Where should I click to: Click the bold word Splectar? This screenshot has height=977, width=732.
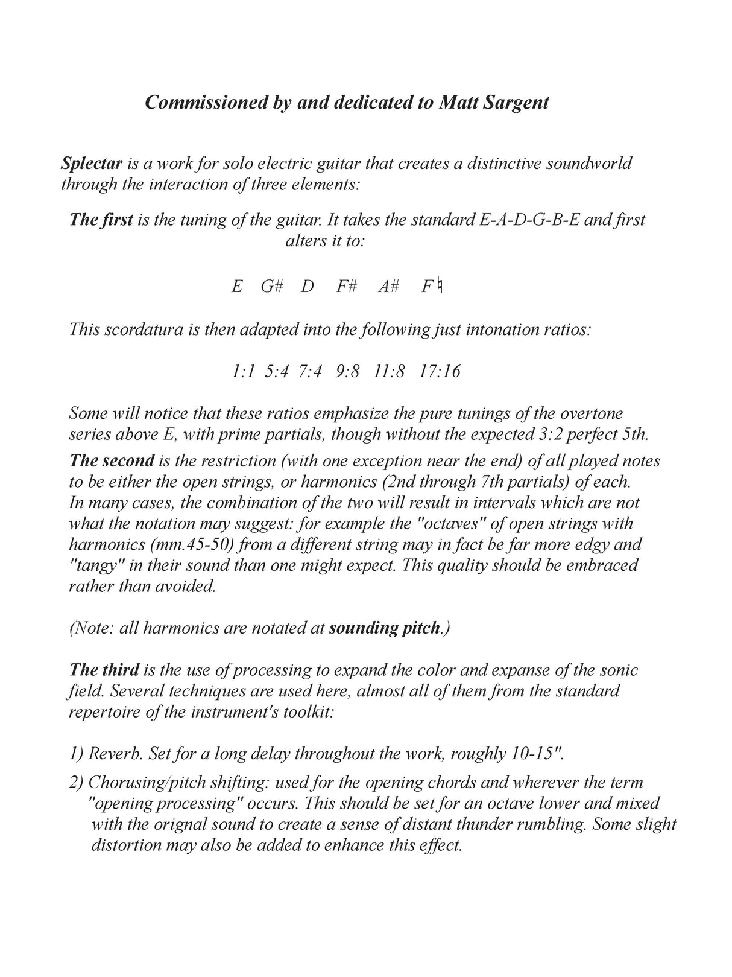tap(92, 164)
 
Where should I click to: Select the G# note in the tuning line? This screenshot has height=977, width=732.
tap(272, 286)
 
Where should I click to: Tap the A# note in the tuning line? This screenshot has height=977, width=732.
tap(389, 286)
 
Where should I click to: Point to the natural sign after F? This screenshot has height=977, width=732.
tap(440, 285)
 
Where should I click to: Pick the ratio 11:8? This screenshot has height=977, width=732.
tap(389, 371)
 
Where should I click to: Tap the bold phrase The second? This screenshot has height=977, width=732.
tap(112, 461)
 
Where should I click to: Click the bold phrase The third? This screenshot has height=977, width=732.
tap(104, 670)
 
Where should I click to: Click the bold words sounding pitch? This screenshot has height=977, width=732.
tap(384, 628)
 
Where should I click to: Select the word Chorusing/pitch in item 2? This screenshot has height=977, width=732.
tap(138, 783)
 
